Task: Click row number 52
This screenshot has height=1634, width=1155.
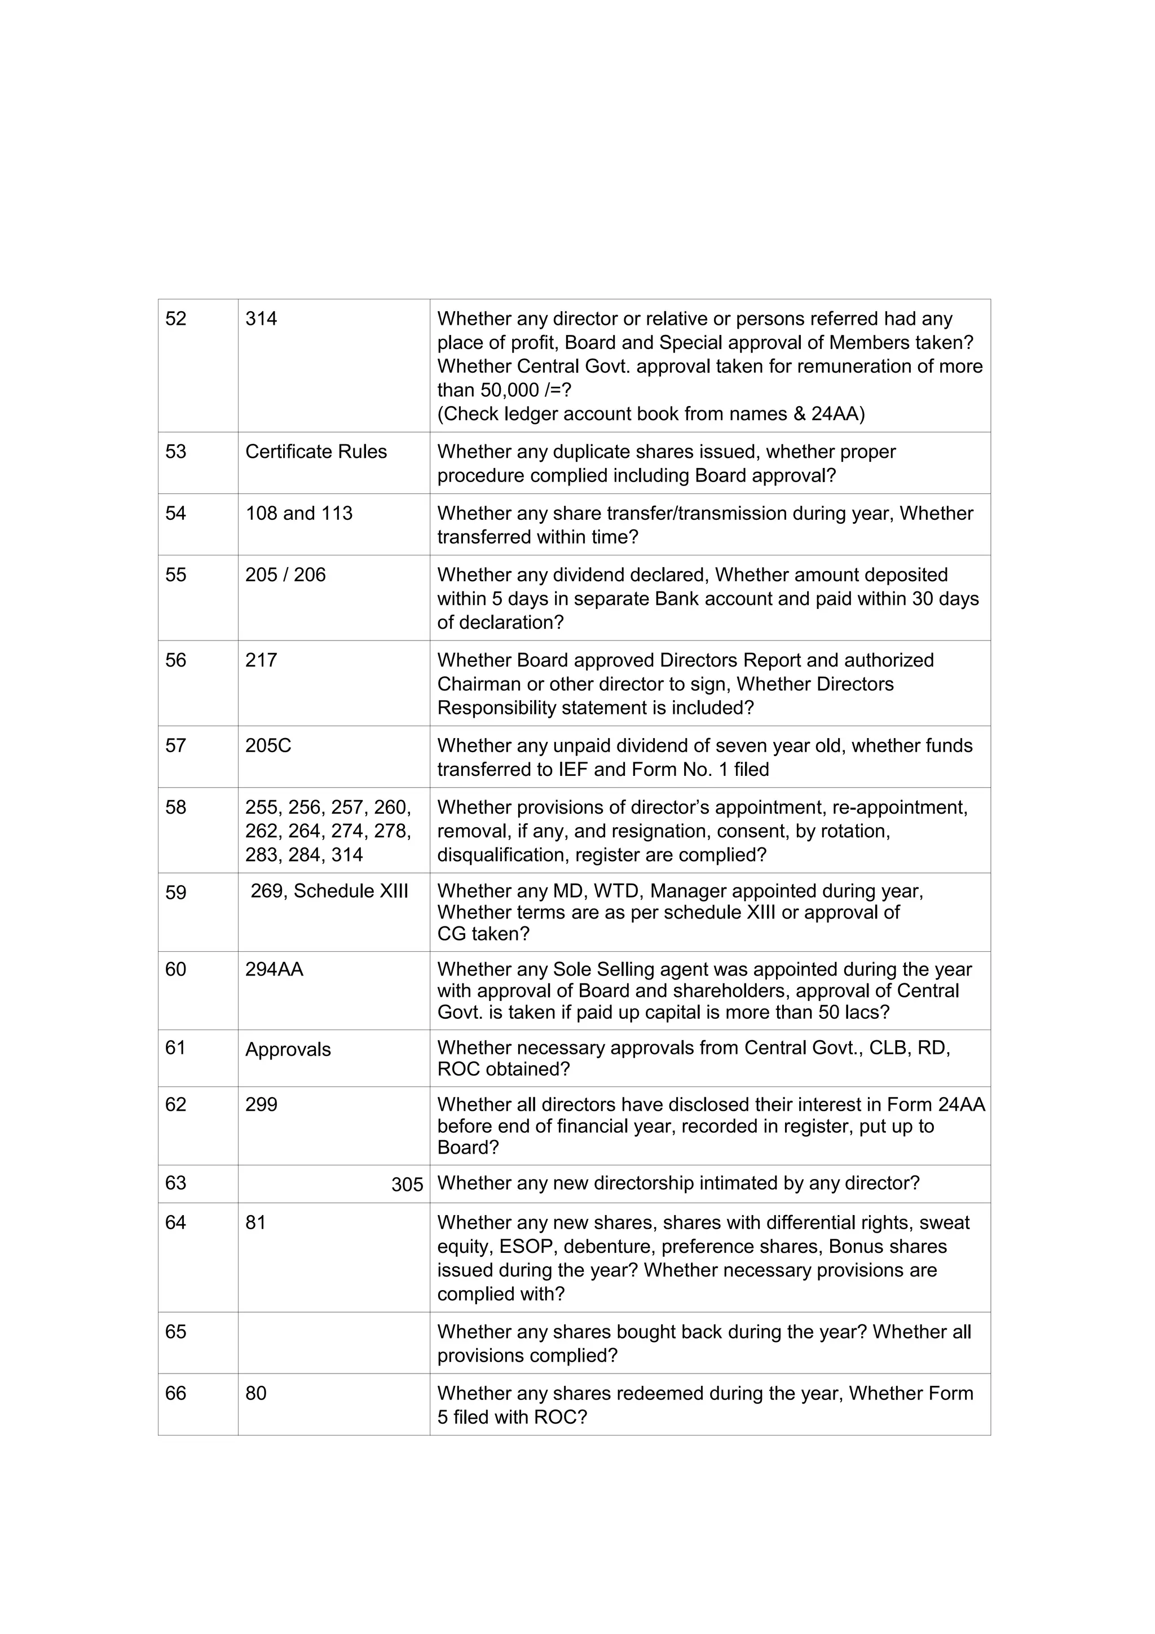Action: pyautogui.click(x=176, y=319)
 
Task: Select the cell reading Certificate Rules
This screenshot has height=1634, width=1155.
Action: pyautogui.click(x=316, y=452)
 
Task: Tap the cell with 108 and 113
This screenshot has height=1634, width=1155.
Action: pyautogui.click(x=299, y=514)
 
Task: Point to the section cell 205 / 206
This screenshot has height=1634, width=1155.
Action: pyautogui.click(x=285, y=575)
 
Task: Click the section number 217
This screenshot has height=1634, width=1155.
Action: pyautogui.click(x=261, y=660)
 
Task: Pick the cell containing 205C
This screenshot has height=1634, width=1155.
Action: pyautogui.click(x=268, y=746)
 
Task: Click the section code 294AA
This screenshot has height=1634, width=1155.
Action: pyautogui.click(x=274, y=969)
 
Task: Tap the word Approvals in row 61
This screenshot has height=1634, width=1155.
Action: pyautogui.click(x=288, y=1050)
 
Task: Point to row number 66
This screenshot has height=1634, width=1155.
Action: pyautogui.click(x=176, y=1393)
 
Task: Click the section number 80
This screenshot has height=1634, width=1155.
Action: pyautogui.click(x=255, y=1393)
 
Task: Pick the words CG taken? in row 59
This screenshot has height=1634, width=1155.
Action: pyautogui.click(x=483, y=934)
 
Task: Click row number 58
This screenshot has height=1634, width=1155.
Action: pyautogui.click(x=176, y=808)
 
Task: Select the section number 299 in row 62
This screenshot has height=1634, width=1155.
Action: pyautogui.click(x=261, y=1105)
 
